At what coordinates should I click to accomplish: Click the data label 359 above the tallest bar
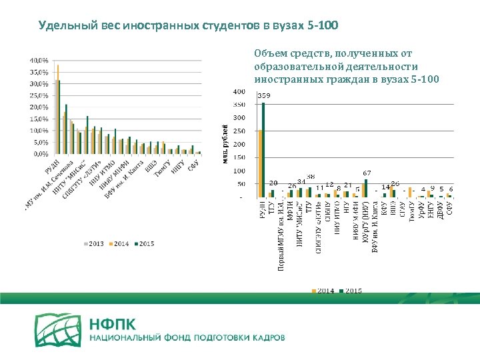tap(263, 97)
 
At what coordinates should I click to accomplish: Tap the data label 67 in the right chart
tap(366, 173)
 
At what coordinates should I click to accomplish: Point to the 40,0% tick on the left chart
tap(37, 61)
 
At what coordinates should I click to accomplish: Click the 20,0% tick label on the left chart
tap(37, 107)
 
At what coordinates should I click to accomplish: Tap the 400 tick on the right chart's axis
tap(238, 91)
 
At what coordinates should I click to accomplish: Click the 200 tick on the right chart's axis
tap(238, 144)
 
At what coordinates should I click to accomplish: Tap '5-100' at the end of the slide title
tap(323, 26)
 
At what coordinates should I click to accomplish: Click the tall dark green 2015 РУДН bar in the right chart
tap(264, 150)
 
